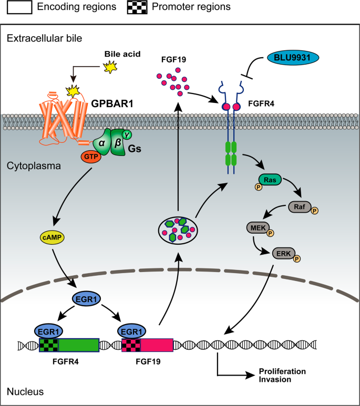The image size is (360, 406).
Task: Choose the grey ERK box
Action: (x=282, y=253)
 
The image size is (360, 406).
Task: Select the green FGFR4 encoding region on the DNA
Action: (x=78, y=345)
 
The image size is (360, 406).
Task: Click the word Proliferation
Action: (x=282, y=371)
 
